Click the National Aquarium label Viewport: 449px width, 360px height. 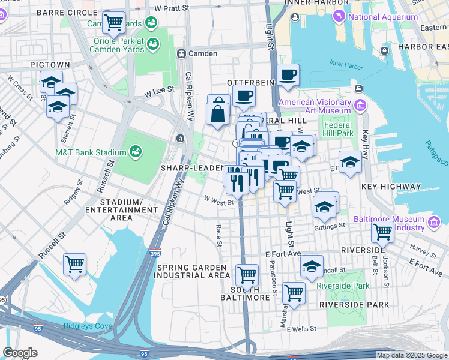click(383, 17)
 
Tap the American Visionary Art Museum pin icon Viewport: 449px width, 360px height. click(360, 106)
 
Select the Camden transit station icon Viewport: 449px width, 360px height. click(180, 53)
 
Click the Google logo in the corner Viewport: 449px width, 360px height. click(20, 353)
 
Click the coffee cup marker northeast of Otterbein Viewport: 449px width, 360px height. click(288, 74)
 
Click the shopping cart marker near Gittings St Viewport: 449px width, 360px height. click(382, 231)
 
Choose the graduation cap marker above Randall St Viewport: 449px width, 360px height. click(312, 265)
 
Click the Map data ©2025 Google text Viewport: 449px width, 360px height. click(412, 355)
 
